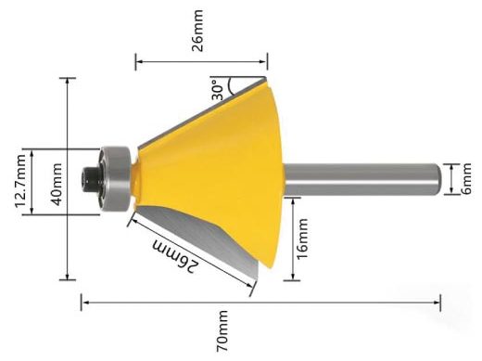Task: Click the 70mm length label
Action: pyautogui.click(x=222, y=331)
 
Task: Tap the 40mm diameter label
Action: pyautogui.click(x=57, y=185)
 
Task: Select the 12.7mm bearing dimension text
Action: pyautogui.click(x=20, y=181)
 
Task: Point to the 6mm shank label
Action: pyautogui.click(x=466, y=179)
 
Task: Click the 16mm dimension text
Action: pyautogui.click(x=302, y=239)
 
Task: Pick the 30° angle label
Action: pyautogui.click(x=218, y=90)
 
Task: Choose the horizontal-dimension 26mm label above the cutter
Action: pyautogui.click(x=197, y=31)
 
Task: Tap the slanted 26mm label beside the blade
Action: pyautogui.click(x=175, y=256)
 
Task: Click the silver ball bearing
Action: pyautogui.click(x=114, y=179)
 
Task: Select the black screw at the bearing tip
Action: pyautogui.click(x=90, y=178)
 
